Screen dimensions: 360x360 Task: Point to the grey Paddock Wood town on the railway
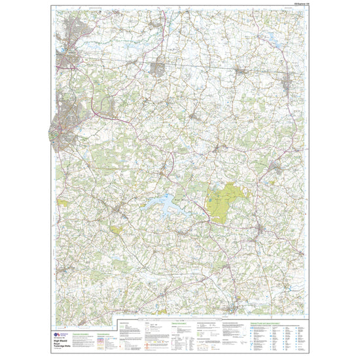coord(159,67)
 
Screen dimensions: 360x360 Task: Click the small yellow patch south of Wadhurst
coord(117,230)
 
